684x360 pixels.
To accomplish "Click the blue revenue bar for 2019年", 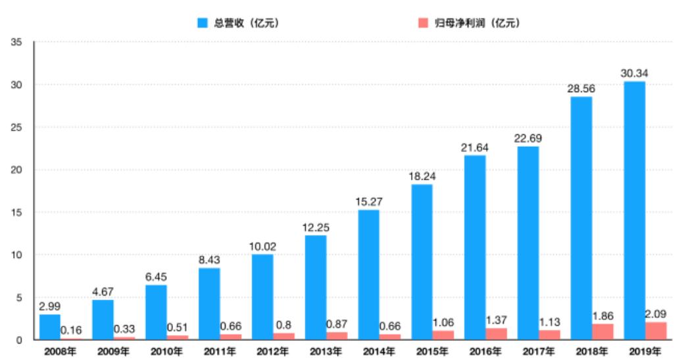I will (634, 211).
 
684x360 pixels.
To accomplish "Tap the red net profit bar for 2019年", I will (656, 331).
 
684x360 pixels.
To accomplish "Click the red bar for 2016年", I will (496, 334).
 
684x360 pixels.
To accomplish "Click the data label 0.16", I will (70, 330).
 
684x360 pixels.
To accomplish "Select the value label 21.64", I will (474, 147).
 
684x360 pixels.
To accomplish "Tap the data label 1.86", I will (602, 315).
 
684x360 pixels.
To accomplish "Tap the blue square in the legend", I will (203, 23).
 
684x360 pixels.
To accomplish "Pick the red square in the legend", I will (423, 23).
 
